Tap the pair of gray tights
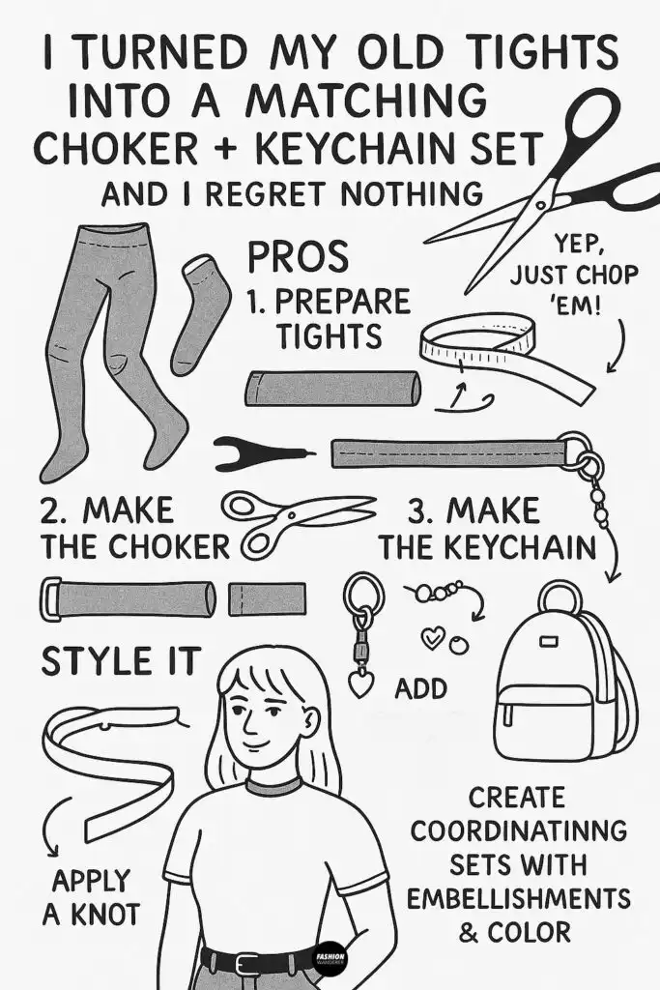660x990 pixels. click(x=106, y=348)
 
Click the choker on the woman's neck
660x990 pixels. click(x=274, y=786)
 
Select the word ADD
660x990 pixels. click(x=421, y=688)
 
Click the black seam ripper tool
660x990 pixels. click(x=261, y=452)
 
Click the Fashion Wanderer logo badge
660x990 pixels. click(x=330, y=960)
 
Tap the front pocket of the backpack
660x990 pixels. click(x=546, y=721)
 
